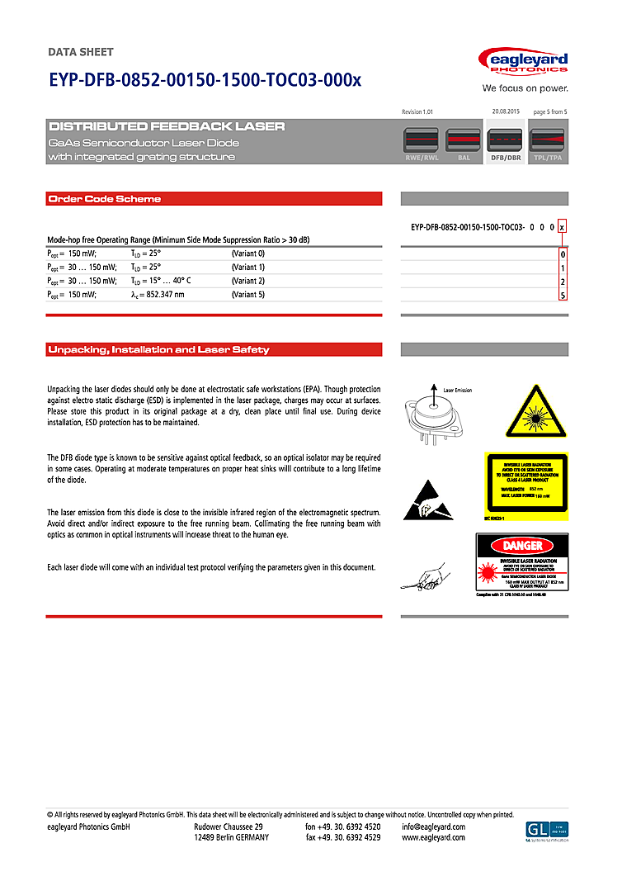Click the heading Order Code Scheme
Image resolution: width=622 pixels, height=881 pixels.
pyautogui.click(x=105, y=199)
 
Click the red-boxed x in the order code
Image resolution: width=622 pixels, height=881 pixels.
pyautogui.click(x=563, y=226)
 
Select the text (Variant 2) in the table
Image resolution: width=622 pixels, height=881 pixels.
pyautogui.click(x=248, y=281)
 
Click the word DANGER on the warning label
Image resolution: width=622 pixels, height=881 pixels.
pyautogui.click(x=523, y=546)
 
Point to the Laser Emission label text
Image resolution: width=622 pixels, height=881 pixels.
pyautogui.click(x=458, y=390)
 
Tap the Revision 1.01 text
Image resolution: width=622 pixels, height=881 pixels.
pyautogui.click(x=417, y=111)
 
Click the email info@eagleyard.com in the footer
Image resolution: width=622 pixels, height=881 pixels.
pyautogui.click(x=434, y=827)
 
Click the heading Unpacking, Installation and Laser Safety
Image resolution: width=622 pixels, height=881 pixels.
pyautogui.click(x=158, y=350)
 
